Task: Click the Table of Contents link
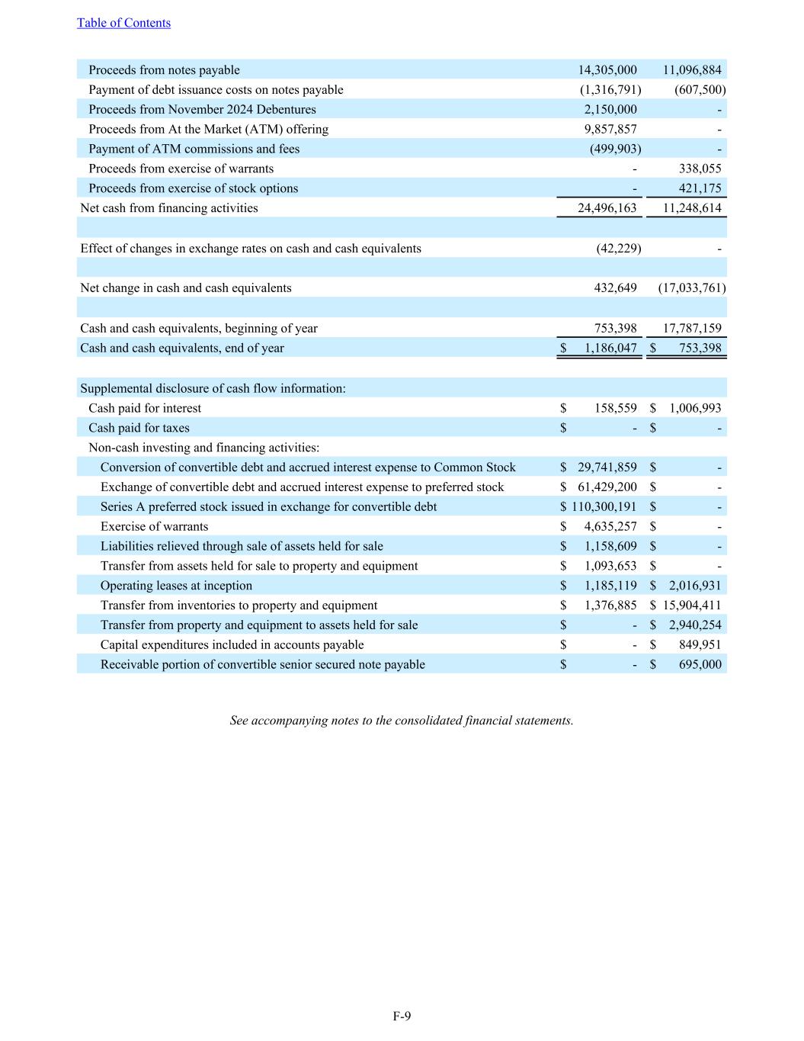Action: point(123,23)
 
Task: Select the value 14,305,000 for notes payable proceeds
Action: point(607,70)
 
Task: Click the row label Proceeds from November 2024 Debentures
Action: point(202,110)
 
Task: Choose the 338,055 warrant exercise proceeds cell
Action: point(700,169)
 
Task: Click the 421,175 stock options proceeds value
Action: point(700,188)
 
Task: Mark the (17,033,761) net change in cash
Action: point(691,288)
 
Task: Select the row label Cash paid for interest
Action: point(145,408)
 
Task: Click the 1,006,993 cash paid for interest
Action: point(695,408)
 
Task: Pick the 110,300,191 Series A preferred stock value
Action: point(604,507)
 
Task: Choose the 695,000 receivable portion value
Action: point(700,665)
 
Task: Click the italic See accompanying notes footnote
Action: point(402,721)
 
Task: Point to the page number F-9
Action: point(402,1016)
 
